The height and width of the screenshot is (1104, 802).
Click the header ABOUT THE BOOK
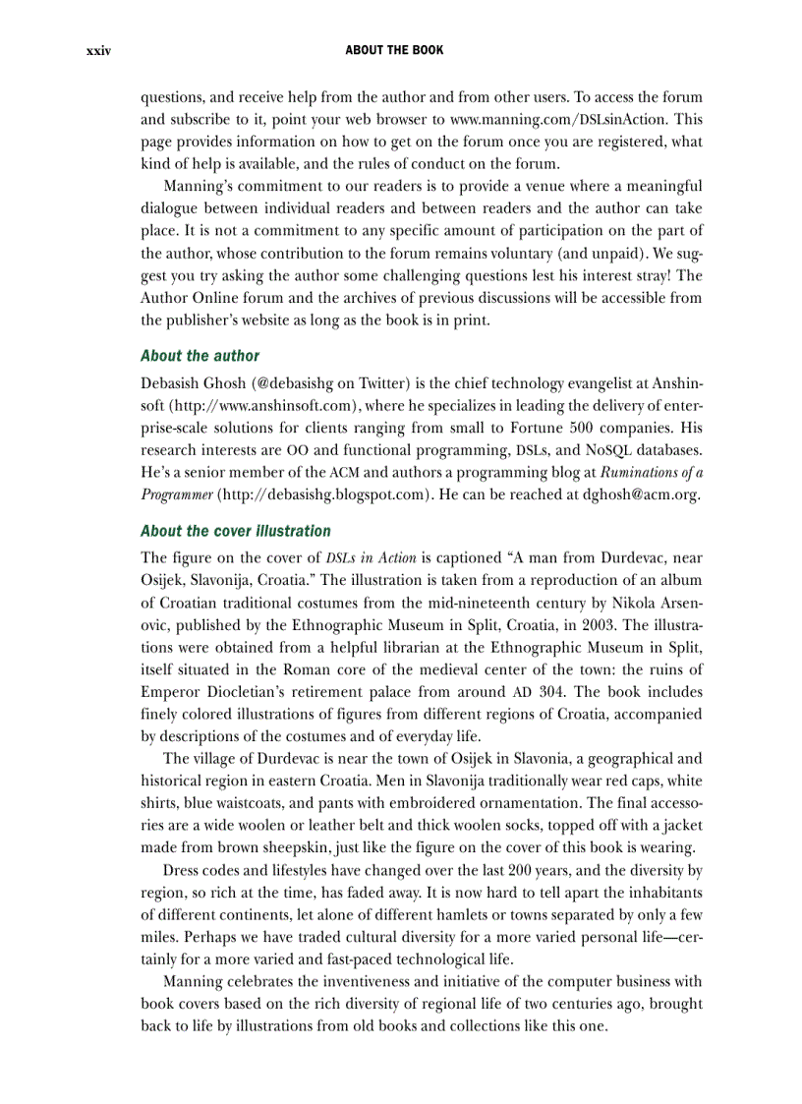[394, 50]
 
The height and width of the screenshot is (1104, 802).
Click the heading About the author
[200, 356]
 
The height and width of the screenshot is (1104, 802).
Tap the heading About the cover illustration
[235, 531]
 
